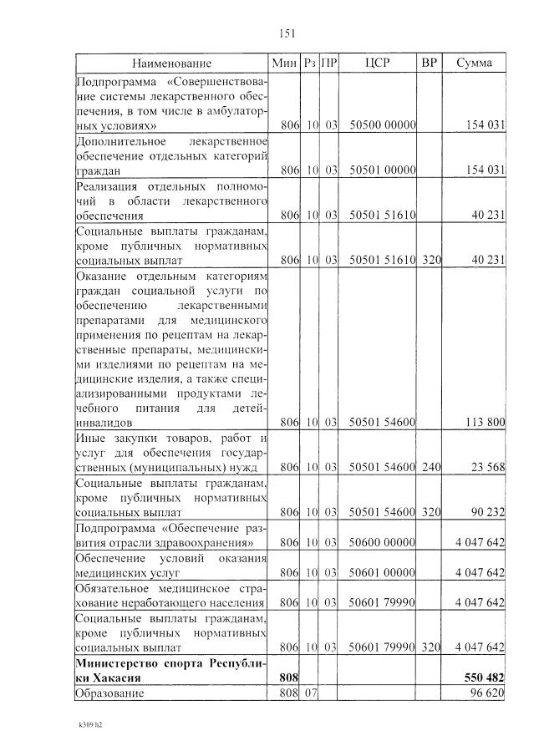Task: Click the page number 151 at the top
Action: [x=283, y=33]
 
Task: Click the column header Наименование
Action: [x=171, y=63]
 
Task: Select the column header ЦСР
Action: [x=378, y=63]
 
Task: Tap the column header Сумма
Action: [x=474, y=63]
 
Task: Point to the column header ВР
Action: [x=430, y=63]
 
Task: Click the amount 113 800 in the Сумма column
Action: [x=485, y=422]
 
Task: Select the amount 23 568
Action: [x=488, y=466]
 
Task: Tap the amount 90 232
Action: [x=488, y=510]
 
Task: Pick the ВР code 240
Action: [x=430, y=466]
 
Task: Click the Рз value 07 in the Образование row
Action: [x=311, y=693]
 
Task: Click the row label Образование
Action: [x=109, y=693]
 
